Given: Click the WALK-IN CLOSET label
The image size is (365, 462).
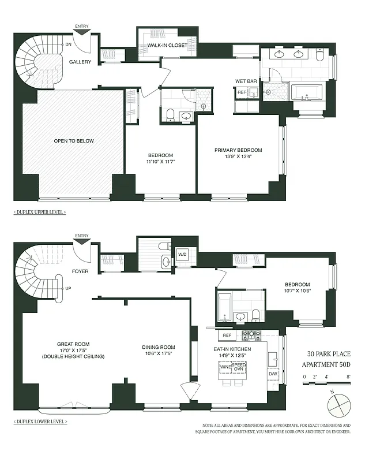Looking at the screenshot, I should (164, 45).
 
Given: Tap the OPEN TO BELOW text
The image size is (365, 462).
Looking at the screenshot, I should (74, 141).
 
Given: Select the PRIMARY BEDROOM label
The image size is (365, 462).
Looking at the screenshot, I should (238, 150).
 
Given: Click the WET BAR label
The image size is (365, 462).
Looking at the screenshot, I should (244, 81).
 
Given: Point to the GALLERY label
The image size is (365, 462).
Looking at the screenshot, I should (81, 62).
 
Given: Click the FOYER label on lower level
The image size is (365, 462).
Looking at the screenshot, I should (80, 271).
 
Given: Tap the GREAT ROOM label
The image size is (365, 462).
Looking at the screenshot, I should (73, 344).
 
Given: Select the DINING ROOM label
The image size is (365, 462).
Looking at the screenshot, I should (157, 347).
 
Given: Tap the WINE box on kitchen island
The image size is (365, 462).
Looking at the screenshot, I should (225, 367).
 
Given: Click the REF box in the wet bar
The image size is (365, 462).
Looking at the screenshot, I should (242, 92).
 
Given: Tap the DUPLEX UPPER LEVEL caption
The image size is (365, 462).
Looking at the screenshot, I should (39, 212).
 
